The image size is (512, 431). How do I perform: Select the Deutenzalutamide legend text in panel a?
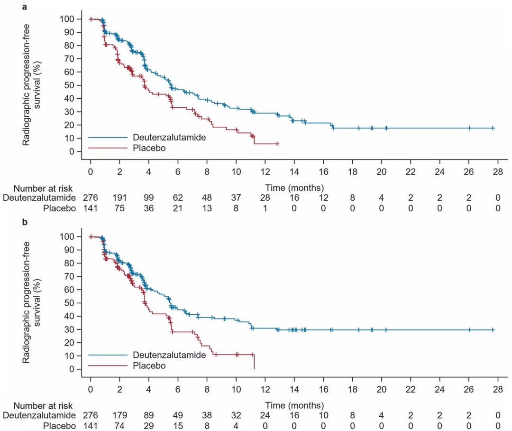click(169, 138)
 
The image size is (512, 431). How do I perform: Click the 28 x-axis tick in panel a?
click(497, 170)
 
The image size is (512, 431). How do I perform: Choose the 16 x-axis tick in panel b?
click(323, 388)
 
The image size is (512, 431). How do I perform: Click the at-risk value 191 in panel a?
click(119, 197)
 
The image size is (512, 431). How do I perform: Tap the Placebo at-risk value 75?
click(119, 207)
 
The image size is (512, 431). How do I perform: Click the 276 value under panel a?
click(90, 197)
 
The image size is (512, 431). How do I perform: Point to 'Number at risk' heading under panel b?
click(43, 405)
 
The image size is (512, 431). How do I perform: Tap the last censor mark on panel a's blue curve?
click(493, 128)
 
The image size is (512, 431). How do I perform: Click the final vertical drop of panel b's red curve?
click(254, 362)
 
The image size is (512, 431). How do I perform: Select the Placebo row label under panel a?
click(59, 207)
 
